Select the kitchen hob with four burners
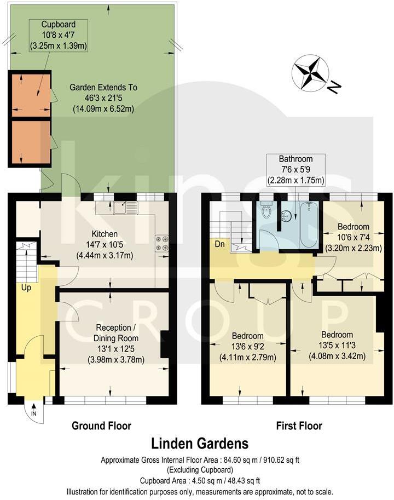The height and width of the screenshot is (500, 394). point(162,243)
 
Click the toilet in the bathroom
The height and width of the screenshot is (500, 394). point(266,210)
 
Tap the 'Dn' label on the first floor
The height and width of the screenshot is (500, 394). point(218,243)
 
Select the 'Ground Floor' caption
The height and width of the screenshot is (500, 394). point(102,426)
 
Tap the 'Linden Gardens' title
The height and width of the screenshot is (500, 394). point(199,443)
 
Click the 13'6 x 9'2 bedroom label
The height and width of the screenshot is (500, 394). point(247,346)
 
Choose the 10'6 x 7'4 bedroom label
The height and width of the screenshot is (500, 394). point(353,237)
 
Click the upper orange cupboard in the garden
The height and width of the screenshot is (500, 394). point(30,94)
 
